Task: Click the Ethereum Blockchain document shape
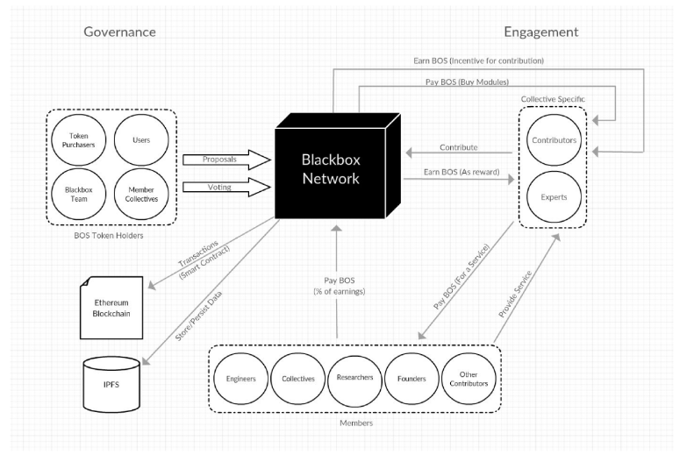(111, 308)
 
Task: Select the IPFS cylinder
(111, 385)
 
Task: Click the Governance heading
(119, 32)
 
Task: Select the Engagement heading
(541, 32)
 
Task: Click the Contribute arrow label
(458, 147)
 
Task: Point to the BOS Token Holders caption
(109, 235)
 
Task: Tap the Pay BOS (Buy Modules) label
(467, 82)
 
